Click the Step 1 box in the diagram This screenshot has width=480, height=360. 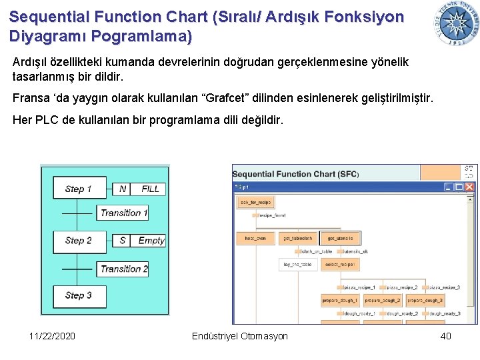pos(78,189)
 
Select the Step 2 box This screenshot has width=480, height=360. pos(78,241)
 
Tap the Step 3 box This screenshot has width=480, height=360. pos(78,295)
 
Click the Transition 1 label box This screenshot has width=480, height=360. pos(124,213)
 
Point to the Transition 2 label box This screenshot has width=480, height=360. pos(124,269)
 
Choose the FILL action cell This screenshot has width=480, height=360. pos(150,189)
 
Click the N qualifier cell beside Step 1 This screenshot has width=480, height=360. pos(123,189)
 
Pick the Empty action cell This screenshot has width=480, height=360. pos(151,241)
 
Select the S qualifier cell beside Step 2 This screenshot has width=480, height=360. pos(123,241)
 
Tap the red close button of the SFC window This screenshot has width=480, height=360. pos(470,187)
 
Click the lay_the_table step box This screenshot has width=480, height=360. pos(298,265)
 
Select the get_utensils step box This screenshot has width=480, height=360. pos(339,238)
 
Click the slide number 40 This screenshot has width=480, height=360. pos(445,336)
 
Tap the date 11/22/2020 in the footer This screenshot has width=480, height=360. pos(53,336)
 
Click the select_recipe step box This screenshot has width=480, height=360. pos(339,265)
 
